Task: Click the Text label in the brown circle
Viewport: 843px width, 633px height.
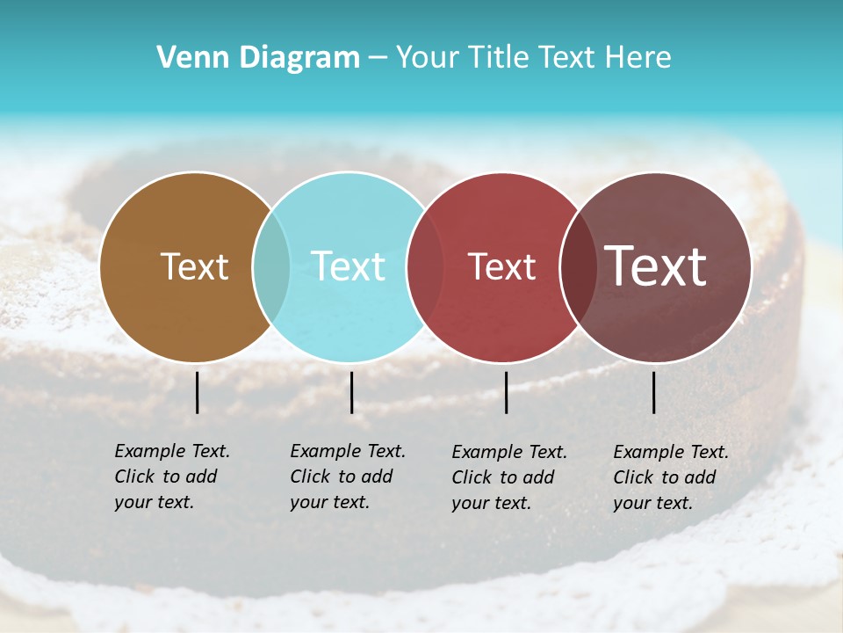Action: [194, 266]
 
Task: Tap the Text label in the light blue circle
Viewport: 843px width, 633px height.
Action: [348, 266]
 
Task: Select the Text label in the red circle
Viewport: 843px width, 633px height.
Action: [501, 267]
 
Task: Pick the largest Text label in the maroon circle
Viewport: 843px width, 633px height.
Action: [656, 266]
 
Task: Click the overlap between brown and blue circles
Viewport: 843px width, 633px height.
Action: [271, 267]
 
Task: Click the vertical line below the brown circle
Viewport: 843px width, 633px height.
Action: [198, 392]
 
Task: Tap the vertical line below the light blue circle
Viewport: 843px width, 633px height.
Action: [351, 392]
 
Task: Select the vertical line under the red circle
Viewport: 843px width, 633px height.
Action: [506, 392]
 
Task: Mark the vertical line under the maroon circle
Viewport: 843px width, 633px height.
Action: [653, 392]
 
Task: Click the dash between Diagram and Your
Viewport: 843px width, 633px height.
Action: [378, 58]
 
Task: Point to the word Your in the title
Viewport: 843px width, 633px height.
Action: [428, 58]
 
